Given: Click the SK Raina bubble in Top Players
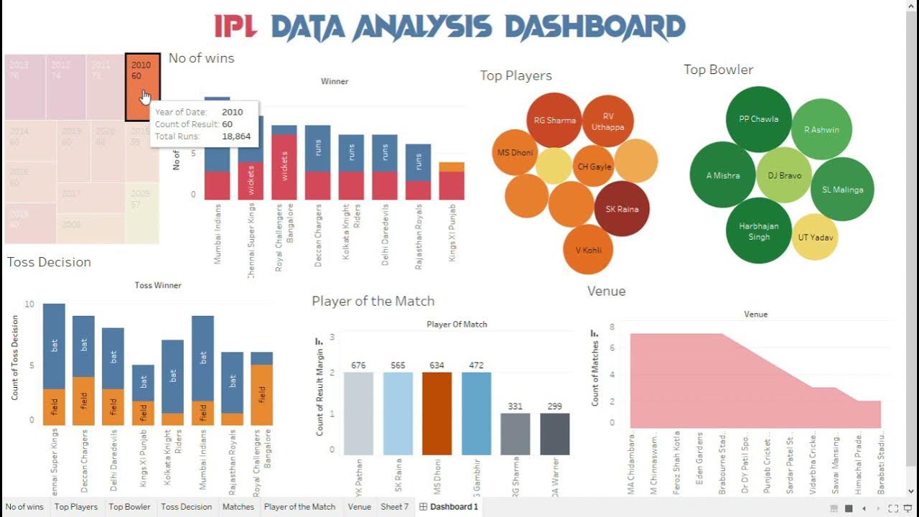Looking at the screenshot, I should [x=622, y=209].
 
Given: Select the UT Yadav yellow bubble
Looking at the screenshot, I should [x=816, y=237].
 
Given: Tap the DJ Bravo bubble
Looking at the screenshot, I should [x=784, y=175].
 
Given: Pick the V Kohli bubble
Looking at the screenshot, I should [x=588, y=250].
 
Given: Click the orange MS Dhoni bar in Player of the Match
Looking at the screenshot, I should [x=437, y=414].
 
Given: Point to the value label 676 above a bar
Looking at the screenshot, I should [x=358, y=365].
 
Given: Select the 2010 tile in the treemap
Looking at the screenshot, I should [x=142, y=86].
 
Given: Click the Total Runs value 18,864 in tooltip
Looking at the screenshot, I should [x=236, y=136].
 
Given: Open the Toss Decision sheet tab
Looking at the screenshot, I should [x=186, y=507].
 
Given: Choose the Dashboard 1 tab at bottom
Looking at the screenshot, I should [x=453, y=507].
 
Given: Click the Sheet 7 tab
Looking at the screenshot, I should [x=394, y=507].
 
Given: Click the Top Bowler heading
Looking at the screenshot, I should [x=718, y=70].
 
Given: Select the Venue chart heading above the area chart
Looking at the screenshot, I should [x=606, y=291].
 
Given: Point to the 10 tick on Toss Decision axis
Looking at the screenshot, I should [x=29, y=304].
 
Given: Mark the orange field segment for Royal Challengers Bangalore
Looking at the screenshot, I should [x=262, y=395].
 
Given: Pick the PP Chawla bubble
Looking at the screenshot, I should [x=758, y=119].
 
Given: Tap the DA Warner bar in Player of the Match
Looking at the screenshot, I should [x=554, y=434].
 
